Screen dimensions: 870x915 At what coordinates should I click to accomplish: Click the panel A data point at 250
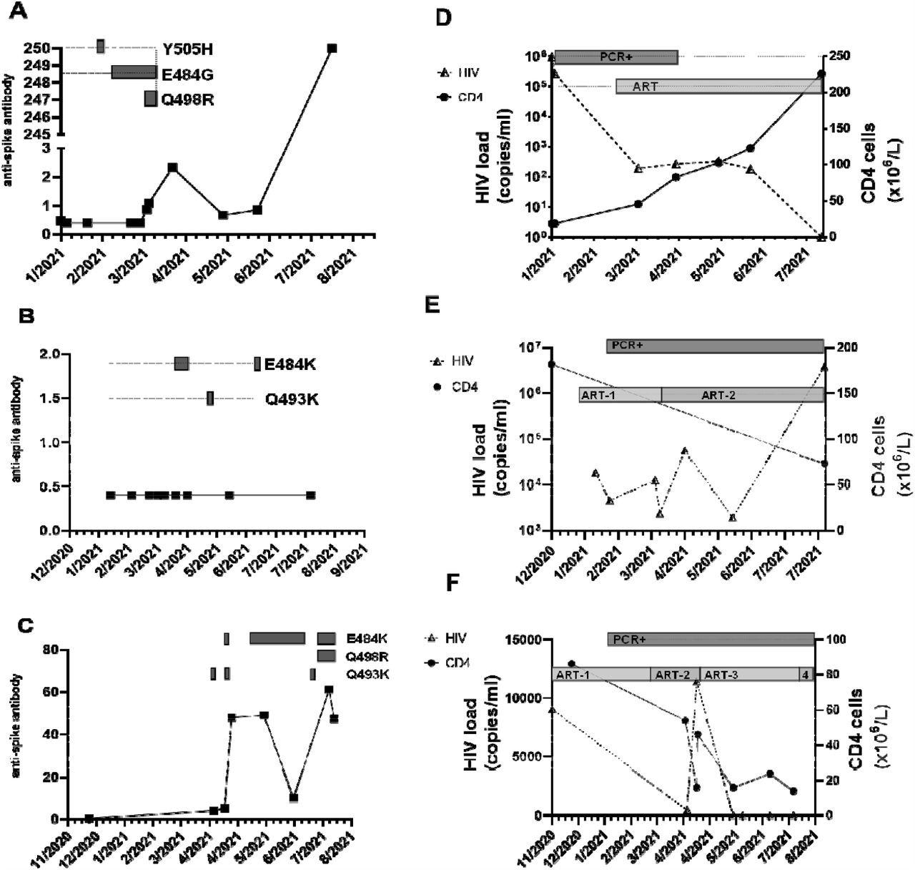tap(332, 49)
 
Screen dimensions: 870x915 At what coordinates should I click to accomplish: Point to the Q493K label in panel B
tap(292, 399)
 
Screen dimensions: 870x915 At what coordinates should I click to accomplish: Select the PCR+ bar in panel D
tap(615, 57)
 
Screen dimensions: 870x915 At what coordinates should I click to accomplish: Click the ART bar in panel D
tap(718, 87)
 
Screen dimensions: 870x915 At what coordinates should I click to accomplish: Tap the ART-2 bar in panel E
tap(743, 395)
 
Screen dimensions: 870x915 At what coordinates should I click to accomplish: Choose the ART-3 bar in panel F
tap(749, 674)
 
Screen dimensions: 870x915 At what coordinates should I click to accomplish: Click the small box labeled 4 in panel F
tap(806, 674)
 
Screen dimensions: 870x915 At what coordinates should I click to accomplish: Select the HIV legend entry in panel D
tap(459, 72)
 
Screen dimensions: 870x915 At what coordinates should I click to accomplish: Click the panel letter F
tap(452, 582)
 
